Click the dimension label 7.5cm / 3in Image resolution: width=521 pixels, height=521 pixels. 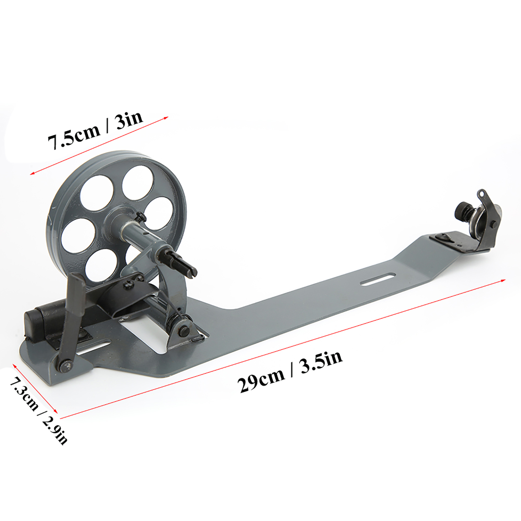pyautogui.click(x=95, y=130)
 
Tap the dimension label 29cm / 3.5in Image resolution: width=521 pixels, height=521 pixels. pyautogui.click(x=290, y=372)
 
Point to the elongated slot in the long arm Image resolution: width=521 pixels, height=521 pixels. pyautogui.click(x=376, y=279)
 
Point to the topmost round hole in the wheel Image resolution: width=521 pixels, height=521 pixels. pyautogui.click(x=138, y=183)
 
